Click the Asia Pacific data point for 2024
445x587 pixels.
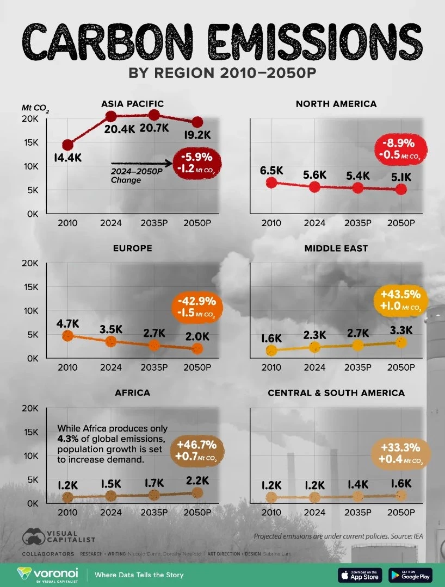coord(111,116)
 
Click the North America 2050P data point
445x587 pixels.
coord(401,189)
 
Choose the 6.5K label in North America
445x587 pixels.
coord(271,170)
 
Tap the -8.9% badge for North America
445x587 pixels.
coord(400,149)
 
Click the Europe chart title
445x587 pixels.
coord(132,248)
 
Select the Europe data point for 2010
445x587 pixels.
coord(67,336)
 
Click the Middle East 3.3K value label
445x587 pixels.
coord(401,329)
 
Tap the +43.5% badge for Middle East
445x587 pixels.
coord(400,300)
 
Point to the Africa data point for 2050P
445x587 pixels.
coord(197,492)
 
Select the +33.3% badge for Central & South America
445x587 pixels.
coord(400,454)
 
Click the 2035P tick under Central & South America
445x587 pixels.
coord(357,513)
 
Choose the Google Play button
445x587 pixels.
coord(410,574)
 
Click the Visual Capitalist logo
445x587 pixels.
coord(58,537)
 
